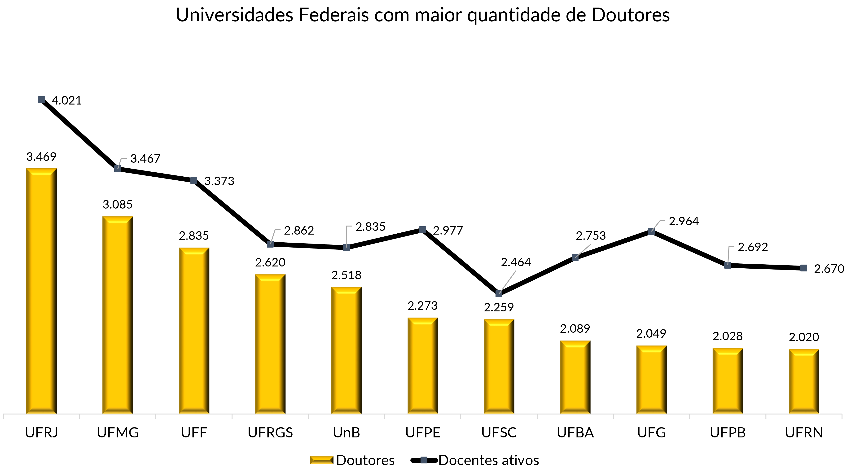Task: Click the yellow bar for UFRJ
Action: [x=41, y=291]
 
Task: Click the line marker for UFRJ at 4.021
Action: [x=41, y=100]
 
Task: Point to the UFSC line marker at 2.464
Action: [x=499, y=294]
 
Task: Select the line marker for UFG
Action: [x=651, y=231]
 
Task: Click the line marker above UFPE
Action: [x=422, y=230]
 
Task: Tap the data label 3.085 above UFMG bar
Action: [x=118, y=205]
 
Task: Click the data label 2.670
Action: [x=829, y=269]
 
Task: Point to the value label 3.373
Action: [x=219, y=181]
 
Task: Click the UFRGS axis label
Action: [x=270, y=433]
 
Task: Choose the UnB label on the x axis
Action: [x=346, y=433]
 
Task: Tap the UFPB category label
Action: [x=728, y=433]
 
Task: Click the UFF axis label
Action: [x=194, y=433]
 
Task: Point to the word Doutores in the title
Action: [x=630, y=15]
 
